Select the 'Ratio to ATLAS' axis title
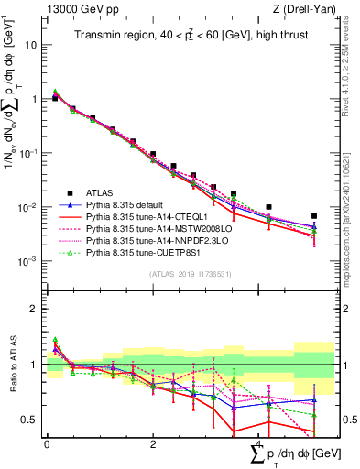click(x=13, y=364)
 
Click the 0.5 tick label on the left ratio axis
click(x=29, y=420)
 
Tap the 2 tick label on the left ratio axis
click(x=33, y=309)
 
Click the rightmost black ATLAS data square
click(x=314, y=216)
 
